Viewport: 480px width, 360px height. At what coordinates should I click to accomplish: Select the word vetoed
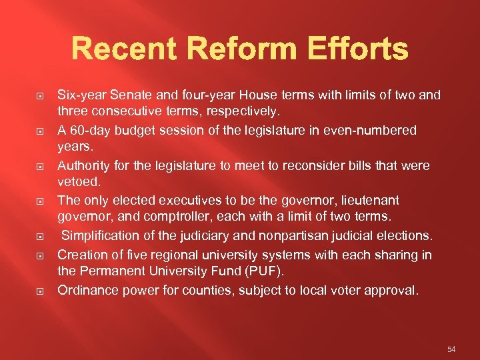tap(79, 182)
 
